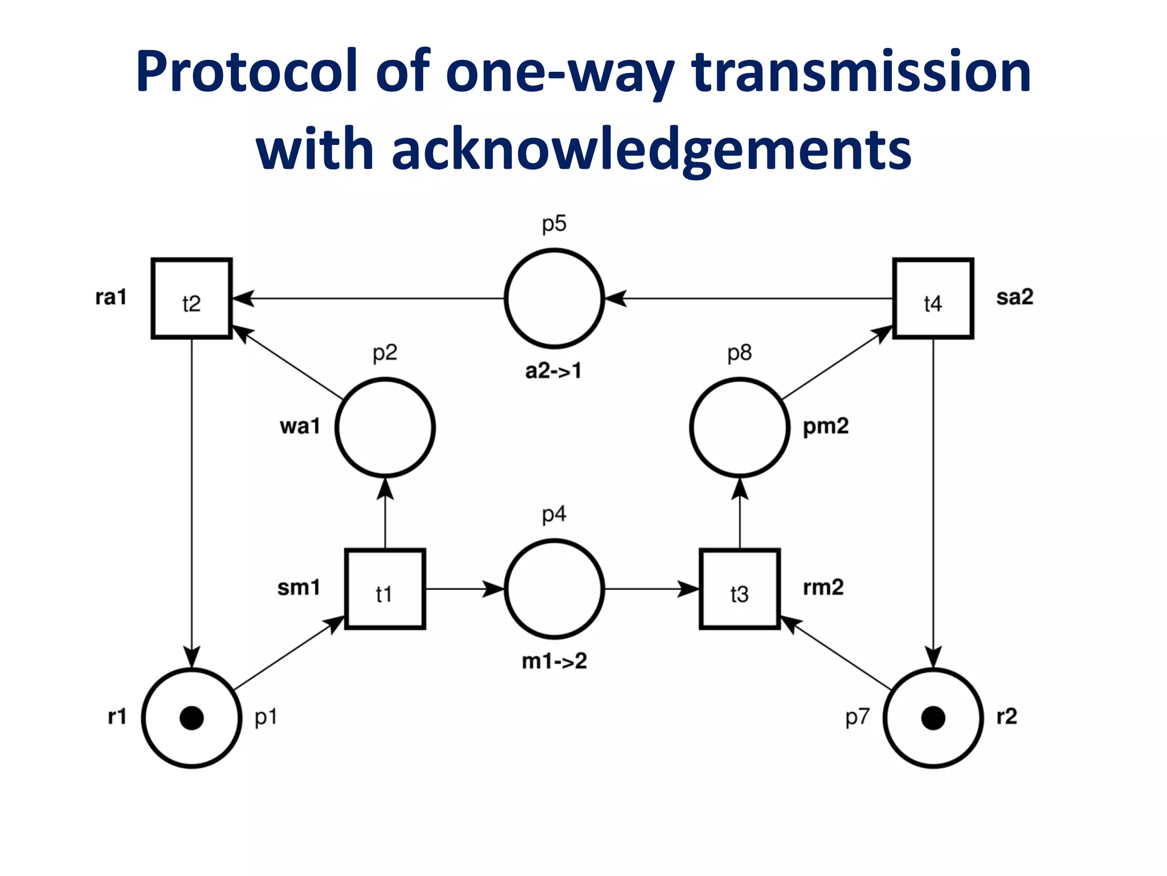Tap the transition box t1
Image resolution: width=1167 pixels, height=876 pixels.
[385, 589]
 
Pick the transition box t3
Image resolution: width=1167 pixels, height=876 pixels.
[740, 589]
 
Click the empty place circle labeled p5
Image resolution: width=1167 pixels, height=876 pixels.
[554, 298]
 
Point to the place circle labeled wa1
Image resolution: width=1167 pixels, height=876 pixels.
[385, 427]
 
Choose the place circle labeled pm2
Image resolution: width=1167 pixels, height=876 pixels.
[740, 427]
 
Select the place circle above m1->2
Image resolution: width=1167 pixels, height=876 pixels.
[554, 589]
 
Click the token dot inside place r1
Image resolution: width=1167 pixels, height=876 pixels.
[191, 718]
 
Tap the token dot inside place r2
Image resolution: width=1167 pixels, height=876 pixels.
[933, 718]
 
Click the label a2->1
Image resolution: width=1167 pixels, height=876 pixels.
[553, 371]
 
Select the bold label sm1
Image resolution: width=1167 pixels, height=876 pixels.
[299, 587]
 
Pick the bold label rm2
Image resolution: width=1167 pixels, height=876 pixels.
[823, 587]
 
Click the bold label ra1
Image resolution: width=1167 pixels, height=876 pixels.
[111, 297]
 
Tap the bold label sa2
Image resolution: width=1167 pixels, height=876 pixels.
[1014, 297]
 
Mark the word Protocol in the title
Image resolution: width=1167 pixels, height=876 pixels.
[247, 72]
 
